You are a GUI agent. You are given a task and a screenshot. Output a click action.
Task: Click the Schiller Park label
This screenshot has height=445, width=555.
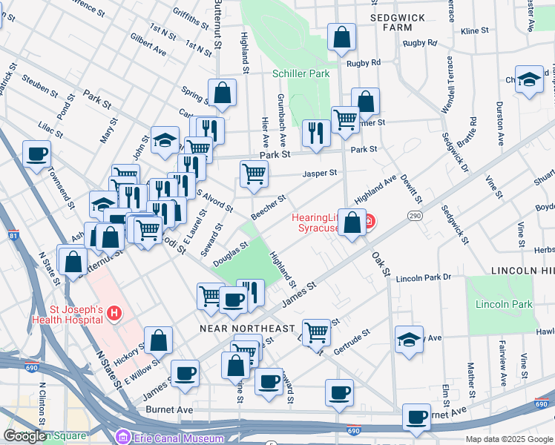(x=301, y=74)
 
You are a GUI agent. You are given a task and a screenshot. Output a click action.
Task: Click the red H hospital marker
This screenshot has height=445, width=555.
(x=114, y=314)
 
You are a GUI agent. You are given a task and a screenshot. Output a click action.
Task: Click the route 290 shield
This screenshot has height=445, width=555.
(x=414, y=215)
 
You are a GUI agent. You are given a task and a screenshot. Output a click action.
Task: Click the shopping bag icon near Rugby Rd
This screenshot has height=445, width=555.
(x=341, y=37)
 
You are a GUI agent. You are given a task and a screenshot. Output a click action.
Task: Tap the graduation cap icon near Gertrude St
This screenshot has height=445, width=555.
(x=409, y=339)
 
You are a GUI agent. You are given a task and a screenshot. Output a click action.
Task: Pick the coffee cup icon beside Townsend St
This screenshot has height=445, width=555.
(x=36, y=154)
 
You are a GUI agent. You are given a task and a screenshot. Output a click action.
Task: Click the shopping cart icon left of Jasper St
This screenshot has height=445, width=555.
(x=254, y=174)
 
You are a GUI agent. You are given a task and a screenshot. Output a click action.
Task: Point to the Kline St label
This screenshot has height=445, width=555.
(x=474, y=31)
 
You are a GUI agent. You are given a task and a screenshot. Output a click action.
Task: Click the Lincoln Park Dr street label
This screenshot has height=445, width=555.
(x=423, y=277)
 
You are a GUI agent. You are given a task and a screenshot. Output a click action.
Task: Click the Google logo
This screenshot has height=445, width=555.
(x=24, y=436)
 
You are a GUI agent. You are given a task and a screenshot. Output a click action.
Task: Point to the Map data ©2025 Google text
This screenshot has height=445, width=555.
(x=508, y=439)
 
